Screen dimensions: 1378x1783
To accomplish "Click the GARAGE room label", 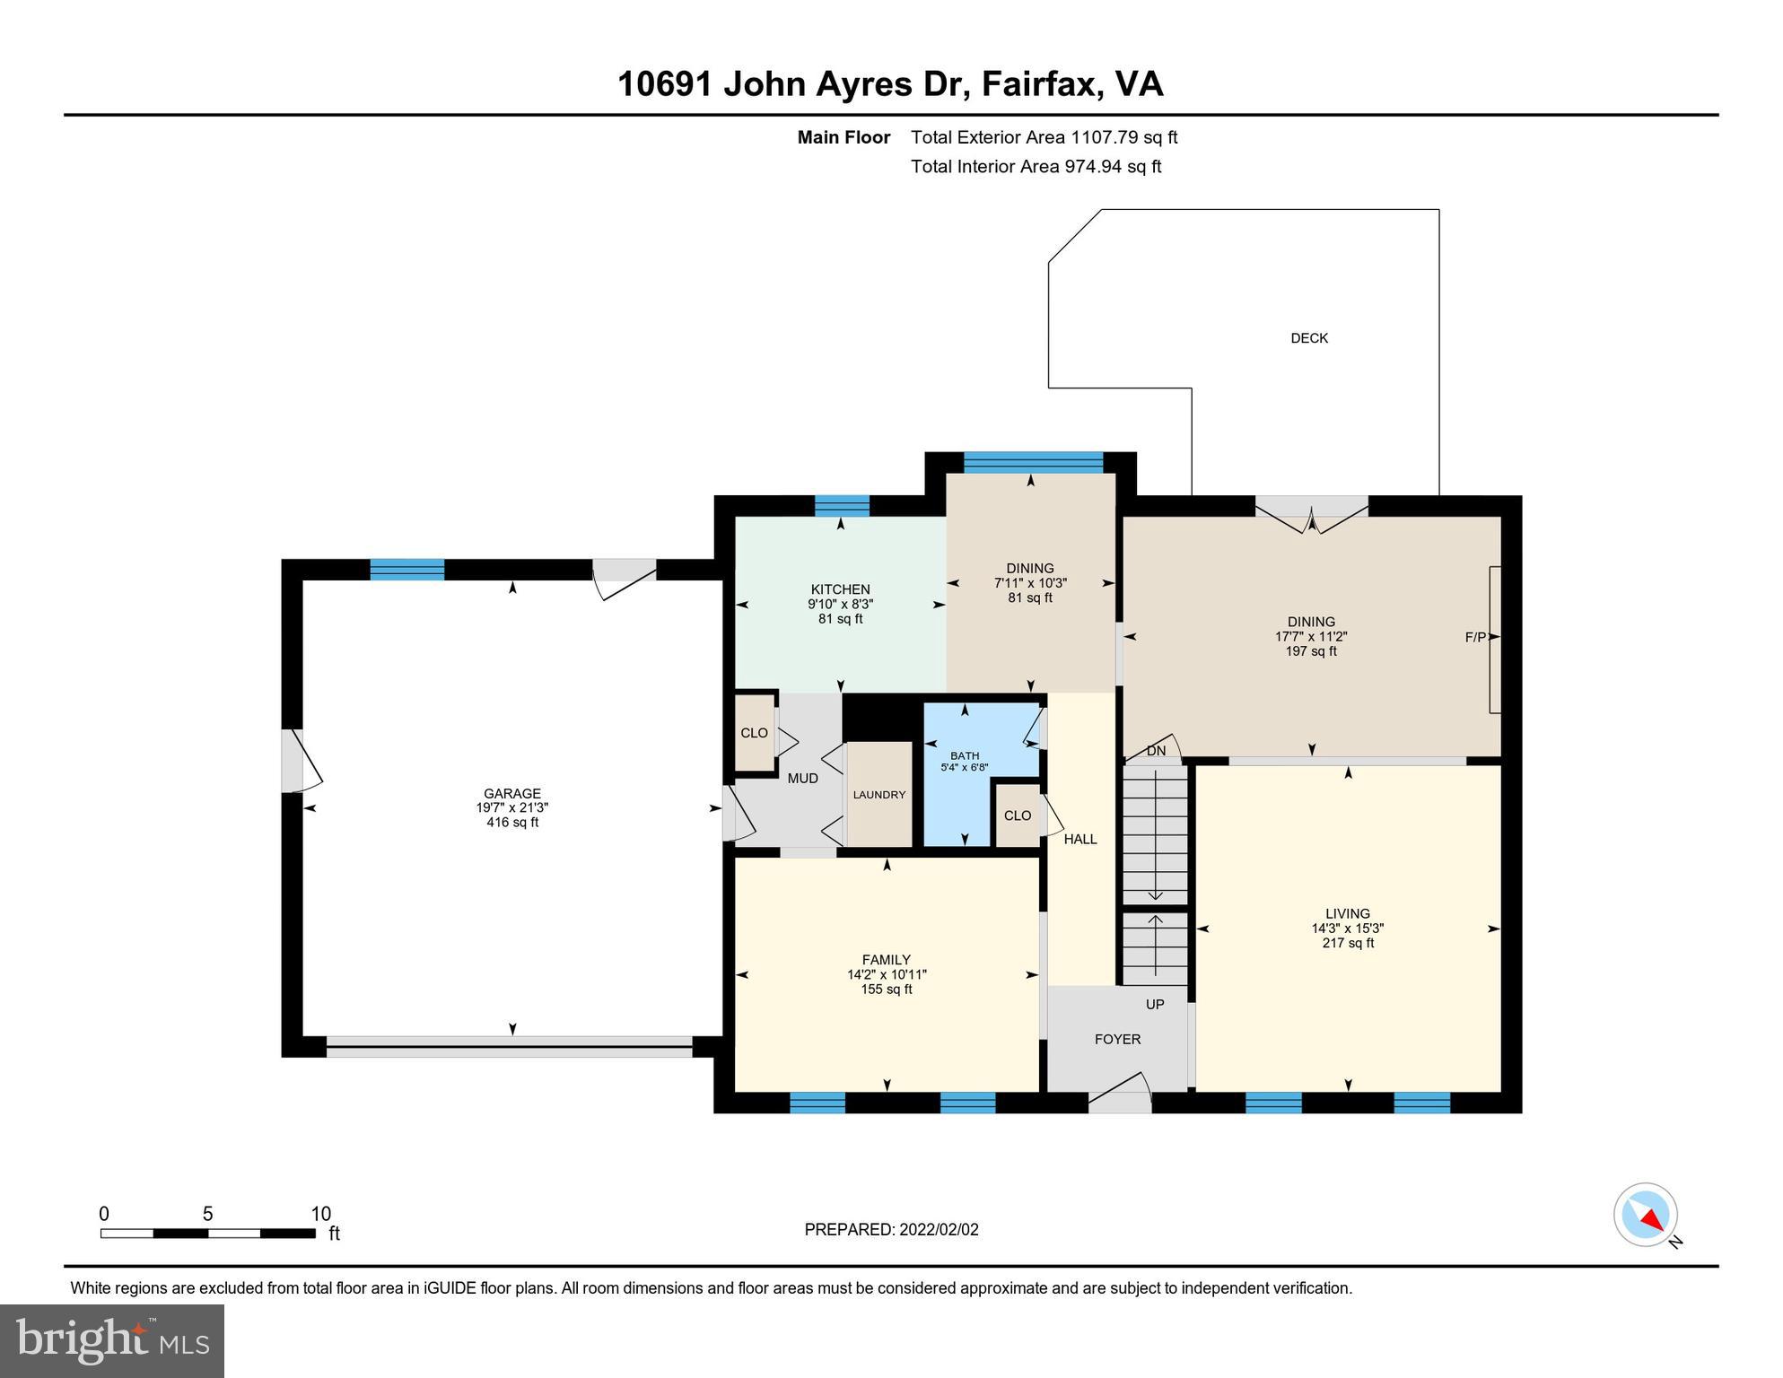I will coord(511,793).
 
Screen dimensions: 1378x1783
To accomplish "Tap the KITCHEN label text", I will coord(840,589).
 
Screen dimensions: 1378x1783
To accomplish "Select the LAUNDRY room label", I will coord(878,795).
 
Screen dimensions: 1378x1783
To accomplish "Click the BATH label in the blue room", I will coord(965,755).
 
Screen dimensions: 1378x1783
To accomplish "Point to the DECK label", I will coord(1308,338).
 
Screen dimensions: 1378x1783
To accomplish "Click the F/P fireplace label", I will coord(1474,637).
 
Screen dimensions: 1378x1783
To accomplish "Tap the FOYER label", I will coord(1117,1039).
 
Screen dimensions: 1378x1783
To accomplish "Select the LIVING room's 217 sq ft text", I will coord(1347,943).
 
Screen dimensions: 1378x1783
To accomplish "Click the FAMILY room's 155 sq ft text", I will coord(886,990).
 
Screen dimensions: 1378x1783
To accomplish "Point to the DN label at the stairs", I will coord(1156,751).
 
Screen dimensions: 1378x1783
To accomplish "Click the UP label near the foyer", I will coord(1155,1005).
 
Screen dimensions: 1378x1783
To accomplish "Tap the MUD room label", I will coord(802,778).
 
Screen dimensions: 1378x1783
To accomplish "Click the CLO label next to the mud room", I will coord(754,733).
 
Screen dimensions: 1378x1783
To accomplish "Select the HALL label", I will coord(1080,839).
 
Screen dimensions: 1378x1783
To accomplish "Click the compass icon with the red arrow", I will coord(1646,1214).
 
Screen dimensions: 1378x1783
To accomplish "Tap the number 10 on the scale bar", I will coord(320,1214).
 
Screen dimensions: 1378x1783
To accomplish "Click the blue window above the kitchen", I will coord(841,506).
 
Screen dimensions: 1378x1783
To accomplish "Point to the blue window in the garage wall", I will coord(406,570).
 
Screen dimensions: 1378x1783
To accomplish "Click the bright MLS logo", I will coord(112,1340).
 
